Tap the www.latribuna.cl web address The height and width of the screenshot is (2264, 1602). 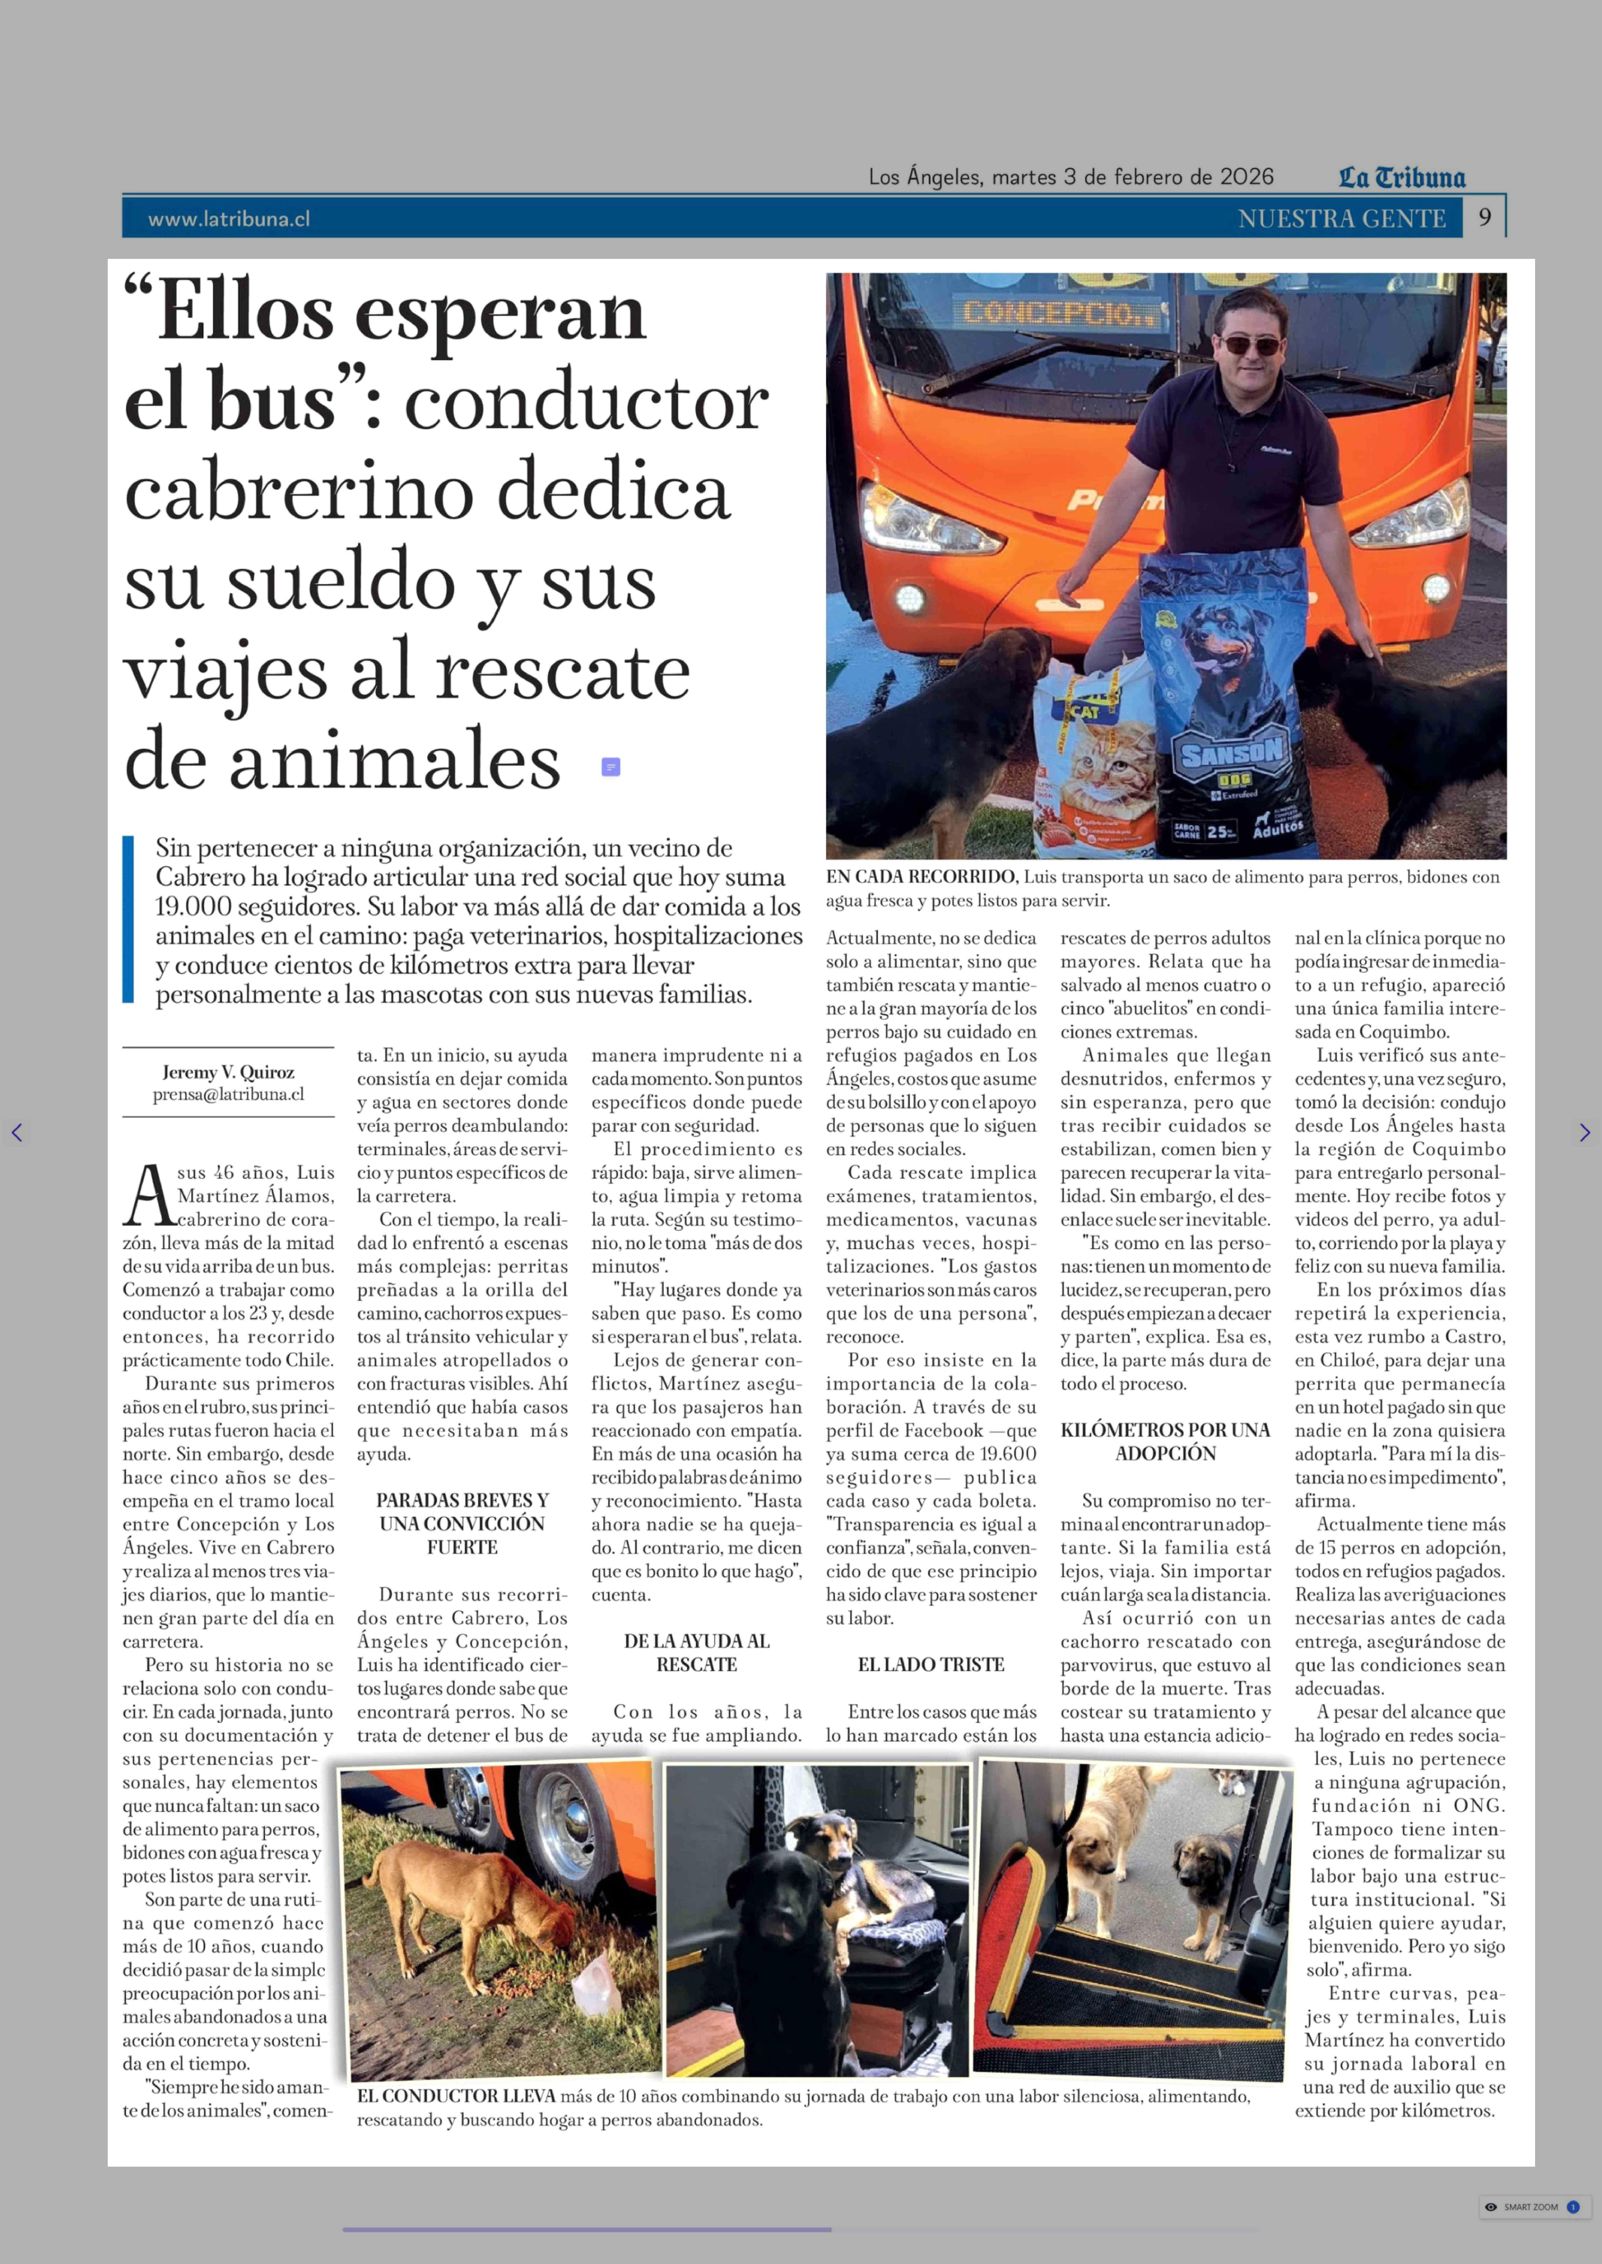click(x=229, y=219)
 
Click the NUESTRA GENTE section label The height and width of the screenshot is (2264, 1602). click(x=1342, y=219)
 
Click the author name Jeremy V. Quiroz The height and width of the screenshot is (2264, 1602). click(x=228, y=1072)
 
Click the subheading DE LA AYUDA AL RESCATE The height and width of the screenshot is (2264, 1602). click(x=697, y=1653)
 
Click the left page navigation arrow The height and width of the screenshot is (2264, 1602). click(x=17, y=1132)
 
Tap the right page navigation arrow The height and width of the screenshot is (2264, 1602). click(x=1584, y=1132)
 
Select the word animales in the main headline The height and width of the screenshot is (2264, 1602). click(x=395, y=761)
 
